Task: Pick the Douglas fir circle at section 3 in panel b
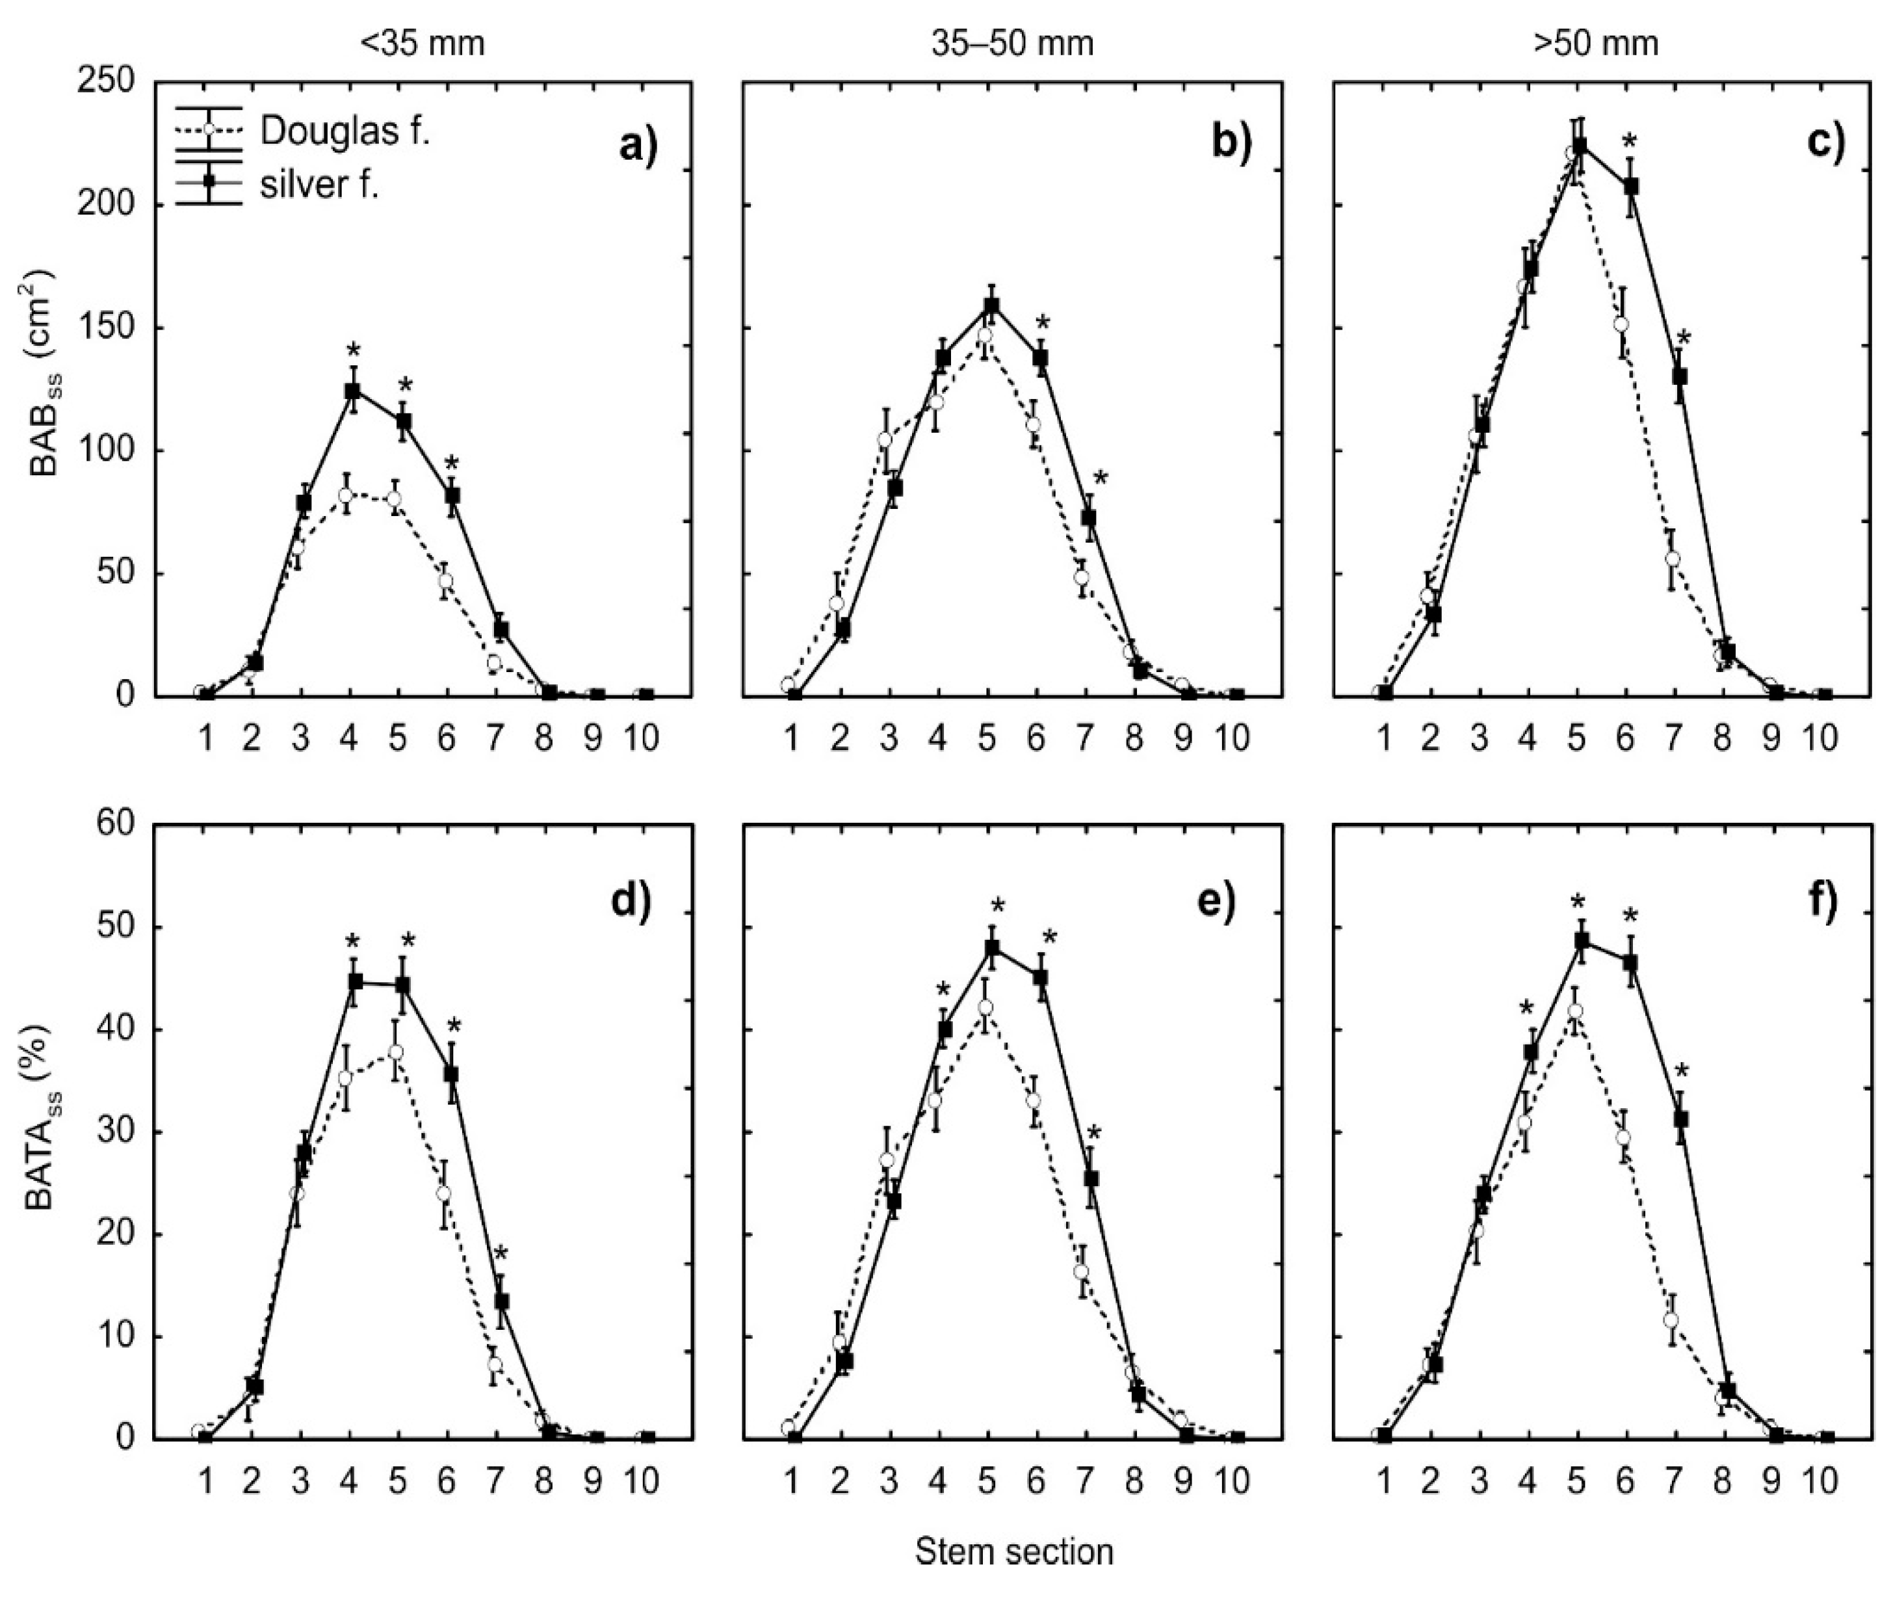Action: pyautogui.click(x=885, y=440)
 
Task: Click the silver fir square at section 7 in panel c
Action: pyautogui.click(x=1680, y=376)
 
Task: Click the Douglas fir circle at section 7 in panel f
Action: pyautogui.click(x=1671, y=1320)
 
